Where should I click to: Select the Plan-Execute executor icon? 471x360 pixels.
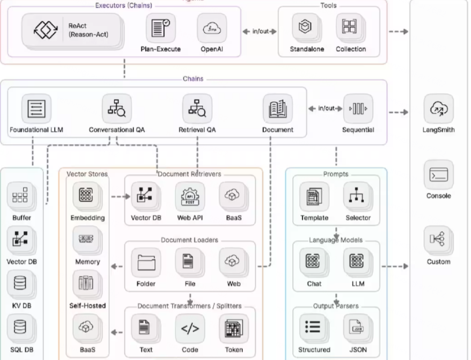(x=160, y=29)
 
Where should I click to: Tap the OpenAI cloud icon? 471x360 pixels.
(x=212, y=29)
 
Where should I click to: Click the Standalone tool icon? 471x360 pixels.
(x=307, y=28)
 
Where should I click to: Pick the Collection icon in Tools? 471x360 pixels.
(x=350, y=28)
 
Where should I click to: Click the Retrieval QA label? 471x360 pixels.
(x=197, y=130)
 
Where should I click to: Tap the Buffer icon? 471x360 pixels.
(x=21, y=197)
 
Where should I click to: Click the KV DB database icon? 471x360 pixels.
(x=21, y=284)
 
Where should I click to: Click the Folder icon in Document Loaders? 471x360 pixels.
(x=146, y=263)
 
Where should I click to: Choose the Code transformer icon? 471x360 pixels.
(x=190, y=329)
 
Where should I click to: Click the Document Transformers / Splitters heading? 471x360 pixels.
(x=189, y=306)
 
